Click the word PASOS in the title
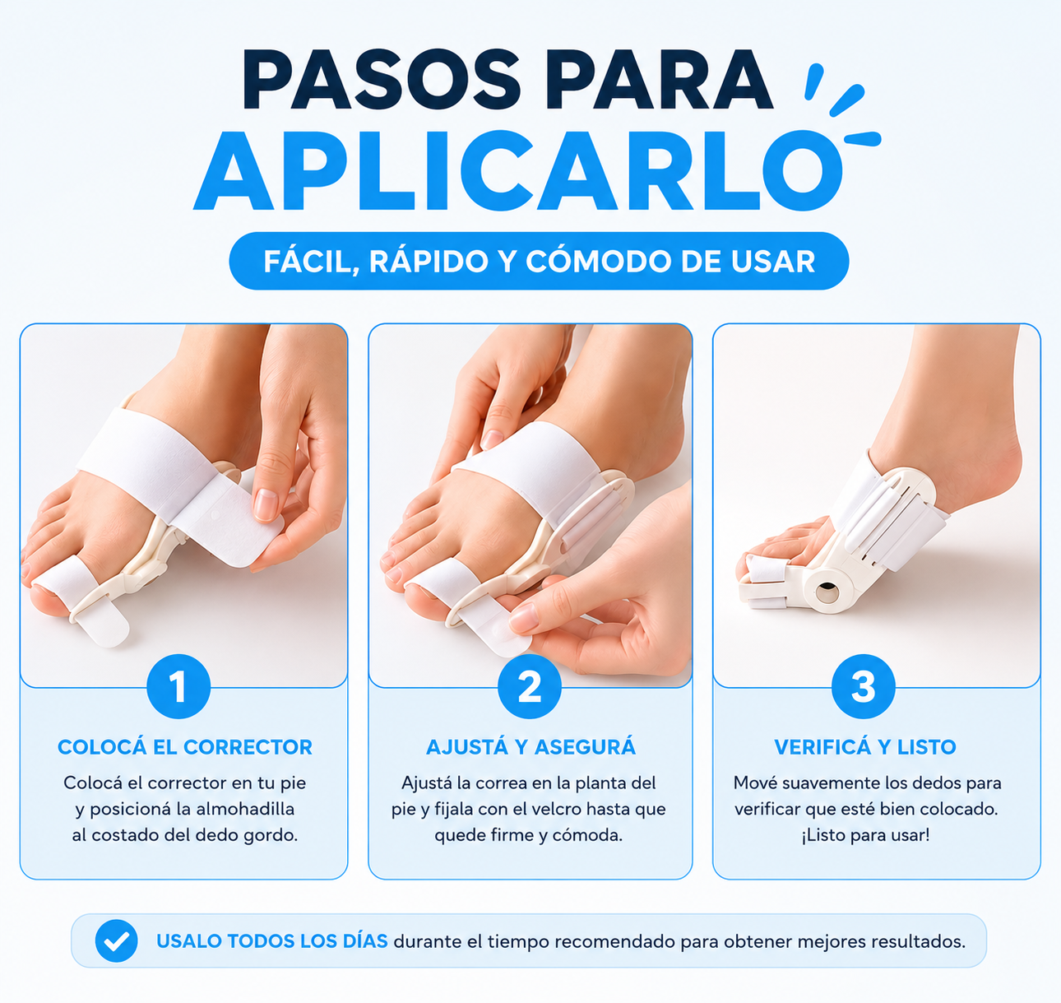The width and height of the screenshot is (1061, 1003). coord(382,80)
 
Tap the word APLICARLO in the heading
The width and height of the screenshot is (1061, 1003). coord(517,170)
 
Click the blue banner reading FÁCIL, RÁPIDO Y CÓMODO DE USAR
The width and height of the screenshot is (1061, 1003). coord(539,261)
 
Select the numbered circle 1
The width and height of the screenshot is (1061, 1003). coord(178,686)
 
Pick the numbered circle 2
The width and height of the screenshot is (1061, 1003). coord(530,686)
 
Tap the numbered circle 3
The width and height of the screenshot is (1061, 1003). coord(864,686)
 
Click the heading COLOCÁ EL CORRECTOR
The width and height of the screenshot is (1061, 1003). coord(185,747)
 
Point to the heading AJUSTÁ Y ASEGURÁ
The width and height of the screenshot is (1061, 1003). coord(530,747)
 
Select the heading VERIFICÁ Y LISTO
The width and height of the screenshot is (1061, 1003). coord(865,747)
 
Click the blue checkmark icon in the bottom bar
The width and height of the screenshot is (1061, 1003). coord(116,941)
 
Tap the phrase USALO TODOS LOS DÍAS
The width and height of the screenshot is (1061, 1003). coord(272,941)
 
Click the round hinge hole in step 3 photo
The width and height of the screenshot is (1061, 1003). coord(827,592)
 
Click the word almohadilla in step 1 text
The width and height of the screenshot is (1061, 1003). coord(245,809)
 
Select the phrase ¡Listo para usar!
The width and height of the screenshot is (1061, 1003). coord(865,835)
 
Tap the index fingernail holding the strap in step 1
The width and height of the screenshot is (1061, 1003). coord(265,504)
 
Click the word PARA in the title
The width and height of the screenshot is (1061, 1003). coord(659,80)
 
